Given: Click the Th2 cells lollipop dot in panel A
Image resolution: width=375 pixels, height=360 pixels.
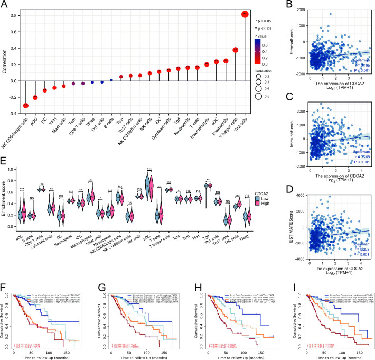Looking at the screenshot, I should tap(244, 14).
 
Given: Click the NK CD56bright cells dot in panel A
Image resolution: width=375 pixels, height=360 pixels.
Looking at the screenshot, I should tap(25, 105).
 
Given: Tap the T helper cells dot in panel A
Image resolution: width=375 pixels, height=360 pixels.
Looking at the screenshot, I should tap(235, 50).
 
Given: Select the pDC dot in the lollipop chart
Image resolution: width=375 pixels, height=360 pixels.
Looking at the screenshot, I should tap(35, 97).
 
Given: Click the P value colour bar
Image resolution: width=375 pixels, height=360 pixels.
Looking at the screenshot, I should tap(254, 52).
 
